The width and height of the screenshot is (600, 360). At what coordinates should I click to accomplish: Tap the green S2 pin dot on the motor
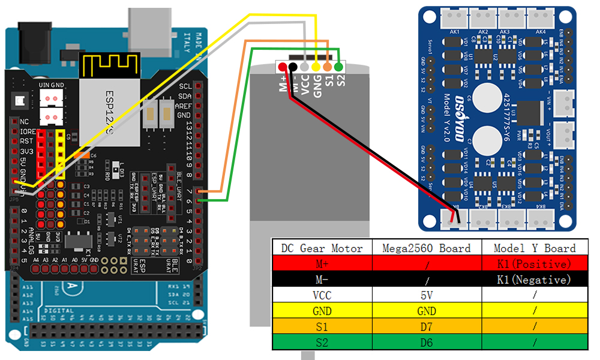click(x=338, y=67)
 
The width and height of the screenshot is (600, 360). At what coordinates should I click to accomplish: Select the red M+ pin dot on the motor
click(x=281, y=67)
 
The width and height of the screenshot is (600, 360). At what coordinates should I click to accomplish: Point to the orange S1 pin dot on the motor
click(x=327, y=67)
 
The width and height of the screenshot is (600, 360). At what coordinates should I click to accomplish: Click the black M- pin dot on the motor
click(x=293, y=67)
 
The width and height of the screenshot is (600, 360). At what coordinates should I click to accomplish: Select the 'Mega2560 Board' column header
click(x=427, y=248)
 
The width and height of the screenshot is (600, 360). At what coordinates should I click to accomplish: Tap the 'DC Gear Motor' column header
click(x=322, y=248)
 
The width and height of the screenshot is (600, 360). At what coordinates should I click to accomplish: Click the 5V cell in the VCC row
click(x=427, y=295)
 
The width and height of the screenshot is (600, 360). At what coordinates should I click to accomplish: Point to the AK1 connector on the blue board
click(x=455, y=19)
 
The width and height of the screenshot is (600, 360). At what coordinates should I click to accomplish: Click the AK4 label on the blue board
click(x=541, y=31)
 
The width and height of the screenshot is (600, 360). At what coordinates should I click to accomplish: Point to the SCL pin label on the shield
click(x=185, y=86)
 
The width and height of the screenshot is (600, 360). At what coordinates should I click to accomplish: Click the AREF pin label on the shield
click(x=184, y=106)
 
